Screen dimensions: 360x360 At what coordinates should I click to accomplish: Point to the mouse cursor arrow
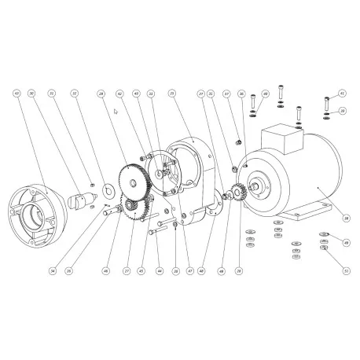[x=115, y=112]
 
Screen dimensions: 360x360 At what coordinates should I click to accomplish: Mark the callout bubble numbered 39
[x=343, y=112]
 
